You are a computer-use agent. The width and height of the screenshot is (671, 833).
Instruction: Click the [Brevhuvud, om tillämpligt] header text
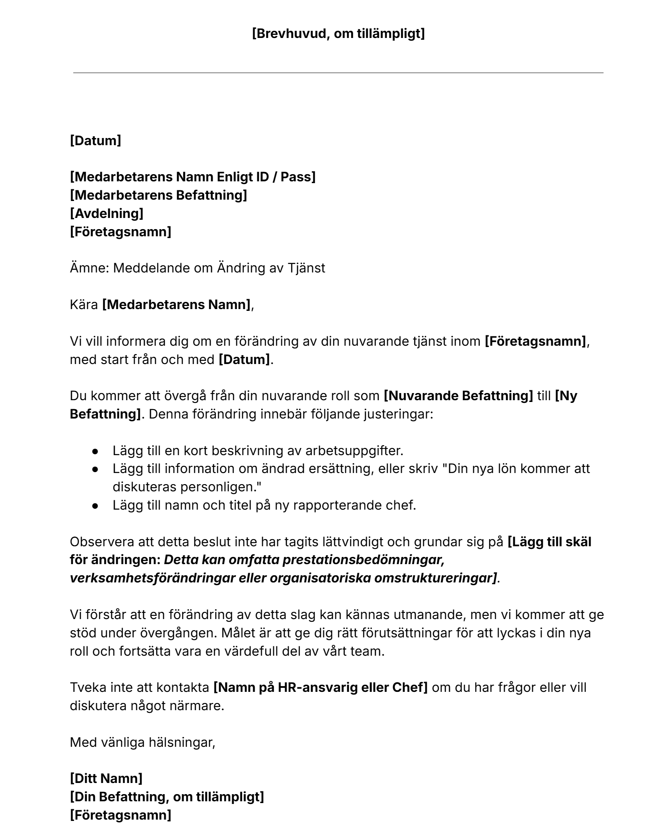(x=338, y=33)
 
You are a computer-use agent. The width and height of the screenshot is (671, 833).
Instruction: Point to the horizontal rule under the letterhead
(x=338, y=73)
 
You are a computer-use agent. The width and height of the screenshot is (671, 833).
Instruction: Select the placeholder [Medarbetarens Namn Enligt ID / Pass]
(x=193, y=177)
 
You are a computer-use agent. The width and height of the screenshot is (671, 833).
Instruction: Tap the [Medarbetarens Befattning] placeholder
(x=158, y=195)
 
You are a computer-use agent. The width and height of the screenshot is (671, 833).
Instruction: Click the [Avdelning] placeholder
(x=106, y=213)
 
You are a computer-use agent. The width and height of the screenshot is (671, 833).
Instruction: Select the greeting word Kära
(x=84, y=305)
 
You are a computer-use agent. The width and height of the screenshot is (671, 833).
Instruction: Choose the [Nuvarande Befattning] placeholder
(x=458, y=396)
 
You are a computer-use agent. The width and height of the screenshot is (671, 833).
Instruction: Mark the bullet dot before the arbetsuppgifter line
(x=95, y=451)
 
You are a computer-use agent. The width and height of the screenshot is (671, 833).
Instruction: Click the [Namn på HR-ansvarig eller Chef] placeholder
(x=320, y=687)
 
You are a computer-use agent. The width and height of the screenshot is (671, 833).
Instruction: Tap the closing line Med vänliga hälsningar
(x=143, y=742)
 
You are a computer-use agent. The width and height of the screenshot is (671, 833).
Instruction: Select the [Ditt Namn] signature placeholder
(x=106, y=779)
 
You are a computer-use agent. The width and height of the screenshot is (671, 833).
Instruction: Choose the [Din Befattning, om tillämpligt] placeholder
(x=167, y=797)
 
